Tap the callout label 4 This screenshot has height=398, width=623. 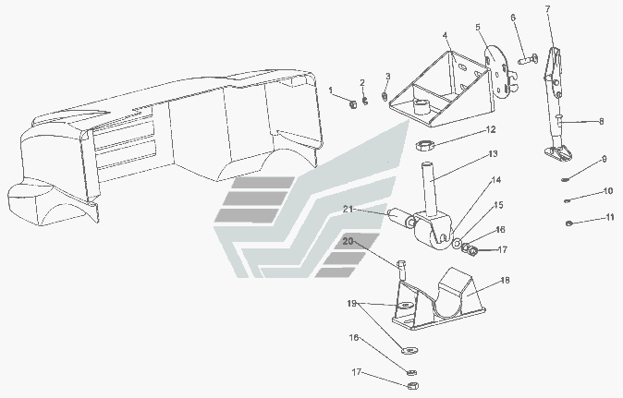tap(445, 35)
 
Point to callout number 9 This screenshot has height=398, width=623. tap(604, 159)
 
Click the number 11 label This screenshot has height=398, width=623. tap(609, 218)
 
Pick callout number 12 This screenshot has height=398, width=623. tap(492, 129)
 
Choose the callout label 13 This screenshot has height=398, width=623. tap(493, 153)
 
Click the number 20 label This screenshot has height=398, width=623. tap(348, 242)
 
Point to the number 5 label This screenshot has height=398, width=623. tap(478, 28)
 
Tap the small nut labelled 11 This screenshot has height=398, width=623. tap(570, 223)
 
